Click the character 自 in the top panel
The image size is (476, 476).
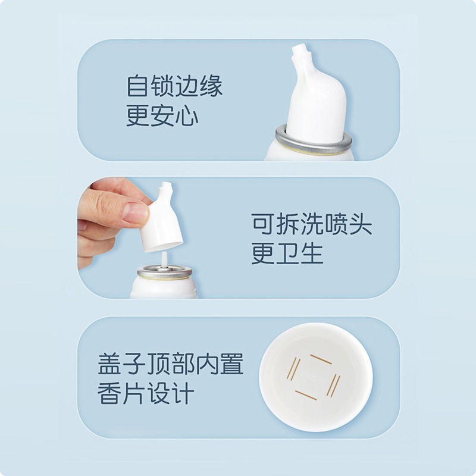click(x=137, y=86)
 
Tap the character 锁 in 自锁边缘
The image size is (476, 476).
click(x=162, y=86)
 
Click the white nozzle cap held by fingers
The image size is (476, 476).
click(x=161, y=220)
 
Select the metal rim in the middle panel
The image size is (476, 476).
click(x=164, y=273)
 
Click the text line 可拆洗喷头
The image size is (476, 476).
click(x=311, y=225)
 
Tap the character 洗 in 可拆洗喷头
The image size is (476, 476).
click(x=311, y=225)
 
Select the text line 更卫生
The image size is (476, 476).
click(x=287, y=254)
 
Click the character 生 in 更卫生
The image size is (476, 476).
click(x=311, y=254)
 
